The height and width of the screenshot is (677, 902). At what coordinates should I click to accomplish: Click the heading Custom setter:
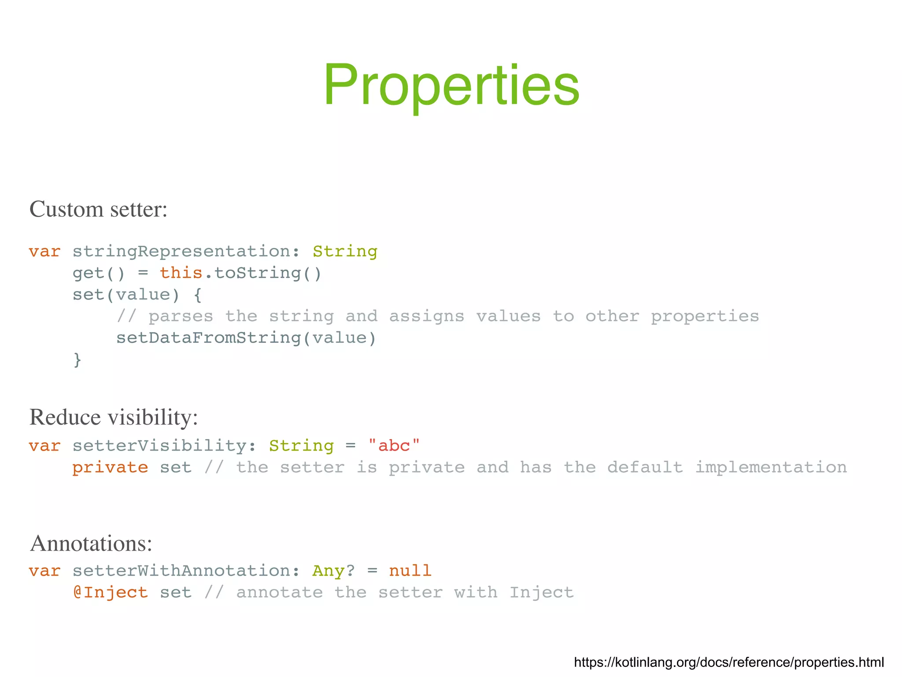click(x=98, y=209)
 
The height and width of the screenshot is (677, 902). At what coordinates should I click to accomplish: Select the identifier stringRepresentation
click(x=181, y=252)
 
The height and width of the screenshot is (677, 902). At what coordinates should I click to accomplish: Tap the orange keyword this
click(x=181, y=273)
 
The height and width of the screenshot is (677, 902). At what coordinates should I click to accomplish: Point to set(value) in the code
click(x=126, y=295)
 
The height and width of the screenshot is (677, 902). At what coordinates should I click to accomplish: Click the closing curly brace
click(x=78, y=360)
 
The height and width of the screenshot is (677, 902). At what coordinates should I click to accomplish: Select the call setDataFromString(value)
click(x=246, y=338)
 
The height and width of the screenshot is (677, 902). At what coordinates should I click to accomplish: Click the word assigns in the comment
click(x=426, y=316)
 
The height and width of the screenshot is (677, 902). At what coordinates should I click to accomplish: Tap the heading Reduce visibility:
click(x=113, y=417)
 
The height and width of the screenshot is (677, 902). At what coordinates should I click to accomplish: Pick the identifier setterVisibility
click(x=159, y=446)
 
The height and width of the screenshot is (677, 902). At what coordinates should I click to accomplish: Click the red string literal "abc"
click(x=394, y=446)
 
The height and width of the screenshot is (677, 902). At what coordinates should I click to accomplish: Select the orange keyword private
click(x=110, y=467)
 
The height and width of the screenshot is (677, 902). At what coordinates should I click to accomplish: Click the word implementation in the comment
click(x=771, y=467)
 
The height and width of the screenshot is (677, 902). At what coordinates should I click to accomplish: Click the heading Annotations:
click(x=91, y=543)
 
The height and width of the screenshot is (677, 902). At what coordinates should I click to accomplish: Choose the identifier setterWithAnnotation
click(x=181, y=571)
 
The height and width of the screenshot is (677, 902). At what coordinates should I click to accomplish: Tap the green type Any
click(x=328, y=571)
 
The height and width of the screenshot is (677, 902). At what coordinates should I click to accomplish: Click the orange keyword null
click(x=410, y=571)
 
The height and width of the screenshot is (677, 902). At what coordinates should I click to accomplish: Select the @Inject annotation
click(x=110, y=592)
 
